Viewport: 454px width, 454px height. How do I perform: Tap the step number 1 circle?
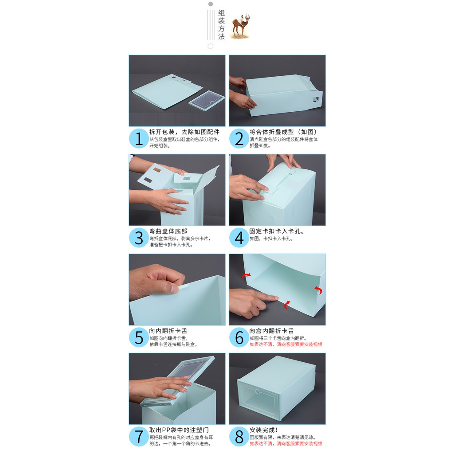point(139,139)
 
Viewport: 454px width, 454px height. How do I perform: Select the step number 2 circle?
point(239,139)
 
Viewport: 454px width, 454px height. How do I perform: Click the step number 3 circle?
point(139,238)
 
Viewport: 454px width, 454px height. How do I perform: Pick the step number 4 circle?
point(239,238)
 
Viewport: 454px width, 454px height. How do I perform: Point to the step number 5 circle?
point(139,337)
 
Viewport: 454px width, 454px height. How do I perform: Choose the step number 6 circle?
point(239,337)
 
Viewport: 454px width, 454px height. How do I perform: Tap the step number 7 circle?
point(139,437)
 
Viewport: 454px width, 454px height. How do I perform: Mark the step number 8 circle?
point(239,437)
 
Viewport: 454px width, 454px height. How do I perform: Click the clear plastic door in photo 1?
point(207,102)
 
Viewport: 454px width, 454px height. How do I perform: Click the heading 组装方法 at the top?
point(221,25)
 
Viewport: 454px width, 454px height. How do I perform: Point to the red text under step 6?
point(286,344)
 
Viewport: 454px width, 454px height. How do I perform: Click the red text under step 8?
point(286,443)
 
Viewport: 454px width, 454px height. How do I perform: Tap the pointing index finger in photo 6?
point(266,297)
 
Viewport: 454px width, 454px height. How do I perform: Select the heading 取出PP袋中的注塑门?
point(179,430)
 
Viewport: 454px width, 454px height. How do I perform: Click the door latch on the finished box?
point(256,393)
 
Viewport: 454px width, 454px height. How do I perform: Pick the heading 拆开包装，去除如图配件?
point(184,132)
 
